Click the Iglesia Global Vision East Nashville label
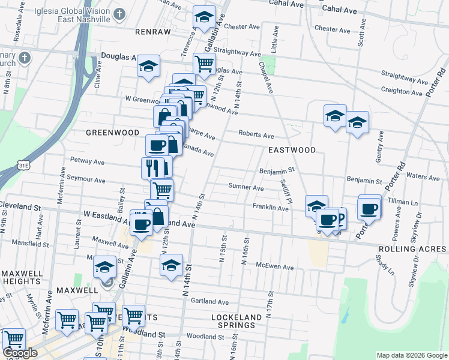coord(71,14)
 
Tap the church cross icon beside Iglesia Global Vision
coord(120,14)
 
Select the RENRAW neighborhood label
coord(153,31)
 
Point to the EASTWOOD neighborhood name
coord(292,149)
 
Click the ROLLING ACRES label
coord(412,249)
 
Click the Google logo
coord(20,353)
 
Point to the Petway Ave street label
coord(88,161)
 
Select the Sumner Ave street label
coord(246,187)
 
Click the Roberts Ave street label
coord(256,135)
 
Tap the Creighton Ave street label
coord(402,92)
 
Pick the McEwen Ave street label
coord(274,267)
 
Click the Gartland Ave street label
coord(211,302)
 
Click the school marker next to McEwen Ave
coord(171,264)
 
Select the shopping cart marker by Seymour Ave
coord(161,190)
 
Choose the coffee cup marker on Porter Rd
coord(369,208)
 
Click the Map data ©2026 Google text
coord(411,355)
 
